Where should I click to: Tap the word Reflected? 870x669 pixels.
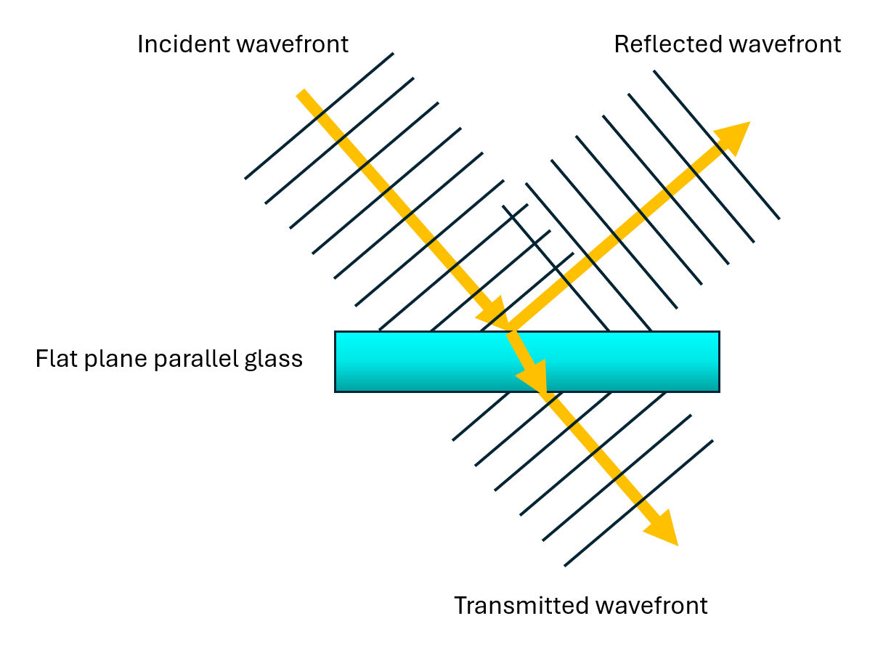667,44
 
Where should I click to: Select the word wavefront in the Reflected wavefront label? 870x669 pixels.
784,44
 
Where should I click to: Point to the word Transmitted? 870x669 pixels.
519,605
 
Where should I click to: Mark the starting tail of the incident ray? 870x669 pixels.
302,94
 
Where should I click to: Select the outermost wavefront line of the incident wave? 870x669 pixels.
319,115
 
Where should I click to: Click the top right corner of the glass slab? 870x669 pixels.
718,333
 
